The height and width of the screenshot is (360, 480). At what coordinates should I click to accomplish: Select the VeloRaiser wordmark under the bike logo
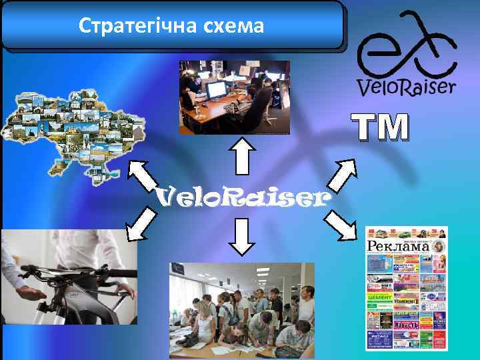[x=407, y=87]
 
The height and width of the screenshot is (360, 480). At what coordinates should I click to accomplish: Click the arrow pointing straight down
[x=243, y=236]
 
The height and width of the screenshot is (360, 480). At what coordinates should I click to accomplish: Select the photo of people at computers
[x=234, y=97]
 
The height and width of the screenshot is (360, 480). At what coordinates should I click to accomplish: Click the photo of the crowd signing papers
[x=241, y=310]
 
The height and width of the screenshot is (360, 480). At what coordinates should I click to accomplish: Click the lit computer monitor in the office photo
[x=215, y=89]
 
